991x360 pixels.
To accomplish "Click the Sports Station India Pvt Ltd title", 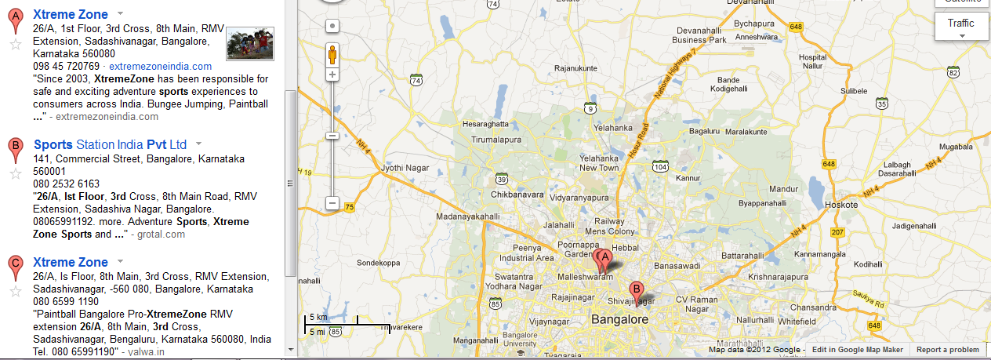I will pyautogui.click(x=110, y=144).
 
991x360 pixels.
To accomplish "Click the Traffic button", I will pyautogui.click(x=960, y=27).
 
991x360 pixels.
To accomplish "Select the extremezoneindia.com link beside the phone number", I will pyautogui.click(x=160, y=66).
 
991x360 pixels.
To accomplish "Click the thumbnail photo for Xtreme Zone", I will pyautogui.click(x=250, y=43).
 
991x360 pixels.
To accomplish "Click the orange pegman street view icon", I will pyautogui.click(x=332, y=55).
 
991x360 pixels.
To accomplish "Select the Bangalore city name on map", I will pyautogui.click(x=619, y=319).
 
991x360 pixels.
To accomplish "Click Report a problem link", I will pyautogui.click(x=948, y=350).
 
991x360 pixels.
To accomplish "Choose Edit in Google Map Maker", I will pyautogui.click(x=858, y=350).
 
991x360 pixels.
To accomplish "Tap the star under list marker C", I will pyautogui.click(x=14, y=292).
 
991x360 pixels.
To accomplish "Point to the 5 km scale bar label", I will pyautogui.click(x=318, y=317).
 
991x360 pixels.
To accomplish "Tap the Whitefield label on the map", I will pyautogui.click(x=797, y=322).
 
